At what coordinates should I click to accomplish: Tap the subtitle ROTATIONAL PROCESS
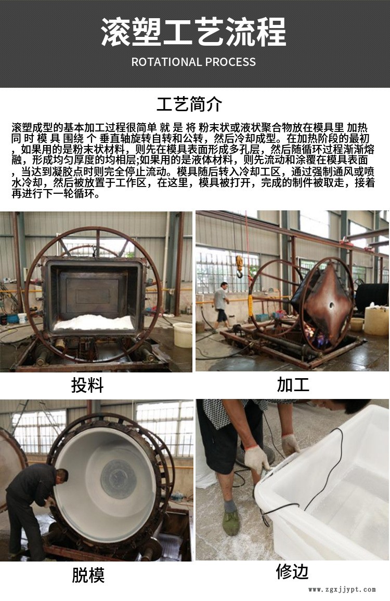tap(193, 62)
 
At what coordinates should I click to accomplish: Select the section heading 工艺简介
tap(189, 104)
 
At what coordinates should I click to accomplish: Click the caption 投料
tap(87, 385)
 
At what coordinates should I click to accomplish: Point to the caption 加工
tap(293, 384)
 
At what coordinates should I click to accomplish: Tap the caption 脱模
tap(88, 575)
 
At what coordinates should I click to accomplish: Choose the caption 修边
tap(292, 572)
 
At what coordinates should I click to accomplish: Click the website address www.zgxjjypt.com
tap(342, 590)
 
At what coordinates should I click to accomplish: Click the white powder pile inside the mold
tap(94, 322)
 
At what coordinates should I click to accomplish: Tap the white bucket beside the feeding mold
tap(183, 335)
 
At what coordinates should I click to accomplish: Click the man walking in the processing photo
tap(221, 305)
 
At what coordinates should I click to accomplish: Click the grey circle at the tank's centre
tap(118, 479)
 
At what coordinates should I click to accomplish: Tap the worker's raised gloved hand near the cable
tap(290, 444)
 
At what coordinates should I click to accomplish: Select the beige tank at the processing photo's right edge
tap(376, 319)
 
